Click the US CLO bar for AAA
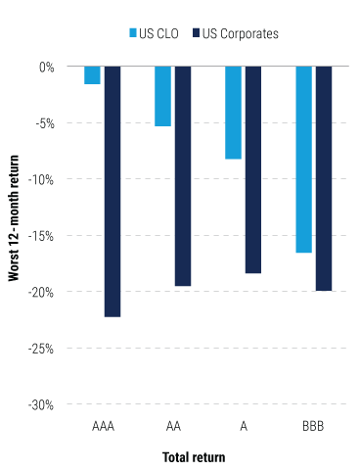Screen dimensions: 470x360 (x=92, y=75)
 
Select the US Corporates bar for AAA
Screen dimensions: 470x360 (x=112, y=192)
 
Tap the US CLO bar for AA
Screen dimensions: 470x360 (x=162, y=96)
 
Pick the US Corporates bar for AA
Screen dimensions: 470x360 (x=183, y=176)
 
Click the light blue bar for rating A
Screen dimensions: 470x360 (x=233, y=113)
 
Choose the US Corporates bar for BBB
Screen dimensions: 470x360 (x=324, y=178)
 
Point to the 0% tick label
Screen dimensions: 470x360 (x=47, y=67)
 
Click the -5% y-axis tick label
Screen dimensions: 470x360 (x=45, y=123)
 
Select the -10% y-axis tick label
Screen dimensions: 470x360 (x=43, y=179)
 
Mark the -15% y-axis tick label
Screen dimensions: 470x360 (x=43, y=236)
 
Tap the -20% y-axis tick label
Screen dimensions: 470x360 (x=43, y=292)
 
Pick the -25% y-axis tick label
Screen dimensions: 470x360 (x=43, y=348)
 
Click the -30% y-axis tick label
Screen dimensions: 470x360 (x=43, y=404)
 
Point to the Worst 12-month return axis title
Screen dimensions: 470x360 (x=15, y=235)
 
